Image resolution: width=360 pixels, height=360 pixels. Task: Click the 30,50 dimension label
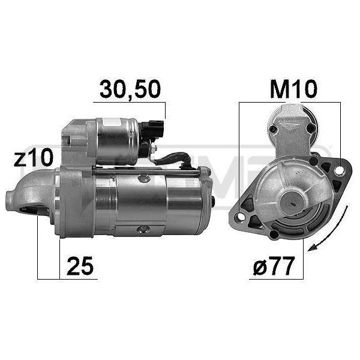[x=130, y=89]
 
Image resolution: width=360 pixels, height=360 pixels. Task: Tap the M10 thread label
[x=293, y=89]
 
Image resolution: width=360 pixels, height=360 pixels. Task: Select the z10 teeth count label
[x=34, y=157]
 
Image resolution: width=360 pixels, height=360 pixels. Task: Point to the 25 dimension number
[x=80, y=266]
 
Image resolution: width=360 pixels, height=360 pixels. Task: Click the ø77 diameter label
[x=274, y=266]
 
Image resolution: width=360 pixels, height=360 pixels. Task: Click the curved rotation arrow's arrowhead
[x=313, y=247]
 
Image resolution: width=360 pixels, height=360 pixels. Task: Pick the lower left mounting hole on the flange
[x=241, y=216]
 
